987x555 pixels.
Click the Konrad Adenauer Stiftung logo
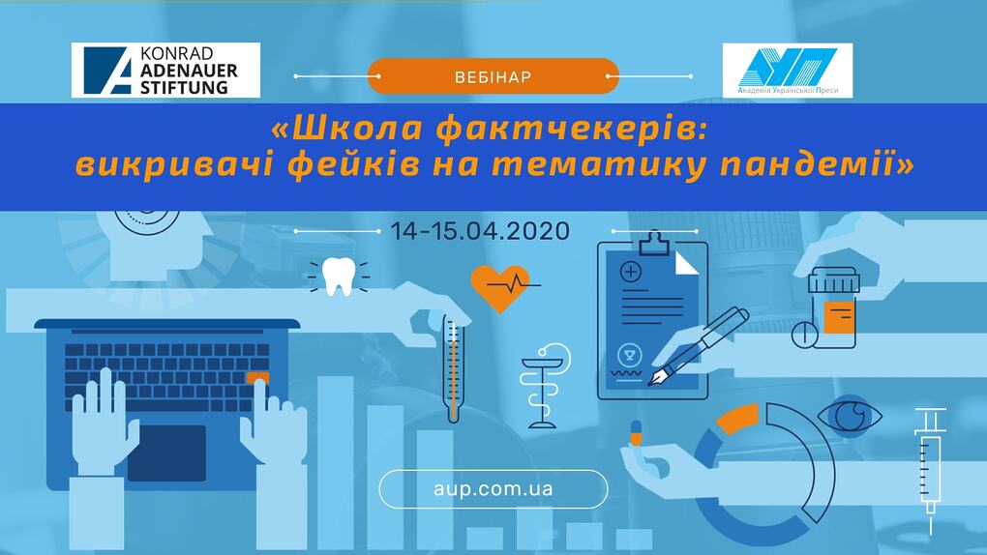click(165, 70)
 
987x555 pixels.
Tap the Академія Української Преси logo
click(788, 71)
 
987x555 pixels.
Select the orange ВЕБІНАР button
click(493, 76)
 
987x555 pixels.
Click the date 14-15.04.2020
click(480, 231)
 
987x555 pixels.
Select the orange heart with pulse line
click(501, 288)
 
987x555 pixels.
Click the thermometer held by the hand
click(453, 368)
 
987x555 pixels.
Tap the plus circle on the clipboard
click(631, 272)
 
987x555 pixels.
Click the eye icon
click(850, 416)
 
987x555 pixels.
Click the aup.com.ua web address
click(493, 489)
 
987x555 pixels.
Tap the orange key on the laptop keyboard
click(258, 378)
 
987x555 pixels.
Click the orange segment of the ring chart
click(737, 418)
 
